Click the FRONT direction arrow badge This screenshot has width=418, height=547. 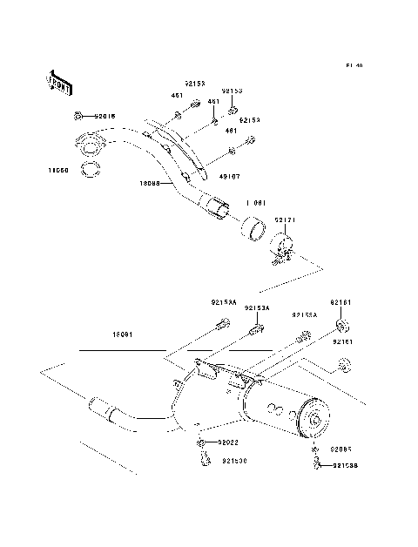[60, 81]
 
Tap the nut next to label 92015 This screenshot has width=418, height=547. [78, 116]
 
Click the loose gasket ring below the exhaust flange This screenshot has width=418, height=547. [90, 166]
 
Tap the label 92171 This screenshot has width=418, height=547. [287, 222]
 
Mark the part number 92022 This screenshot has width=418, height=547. [228, 443]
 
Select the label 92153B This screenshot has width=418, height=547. [346, 465]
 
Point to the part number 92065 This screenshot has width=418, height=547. [340, 450]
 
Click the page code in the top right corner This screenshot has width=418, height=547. [353, 66]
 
